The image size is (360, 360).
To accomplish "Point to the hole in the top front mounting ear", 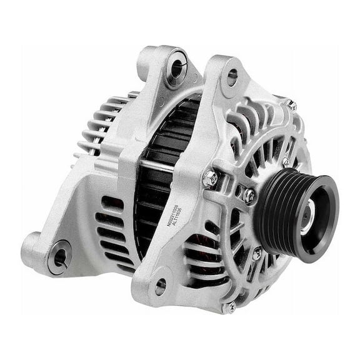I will click(232, 77).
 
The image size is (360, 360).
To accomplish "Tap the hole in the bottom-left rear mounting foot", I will click(61, 256).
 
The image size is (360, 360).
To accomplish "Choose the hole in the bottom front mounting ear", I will click(161, 286).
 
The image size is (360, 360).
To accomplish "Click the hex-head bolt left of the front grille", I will click(211, 179).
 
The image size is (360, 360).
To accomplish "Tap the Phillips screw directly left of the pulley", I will click(249, 195).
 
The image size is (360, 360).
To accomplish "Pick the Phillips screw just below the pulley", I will click(257, 254).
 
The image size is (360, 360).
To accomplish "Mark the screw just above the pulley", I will click(286, 162).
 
